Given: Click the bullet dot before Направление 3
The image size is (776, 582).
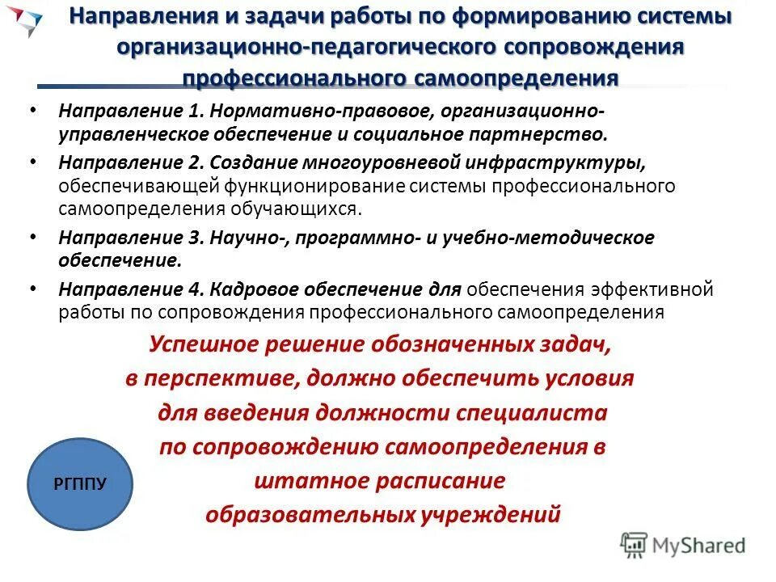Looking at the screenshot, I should [33, 238].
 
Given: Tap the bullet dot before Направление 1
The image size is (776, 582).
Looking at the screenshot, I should [33, 111].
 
